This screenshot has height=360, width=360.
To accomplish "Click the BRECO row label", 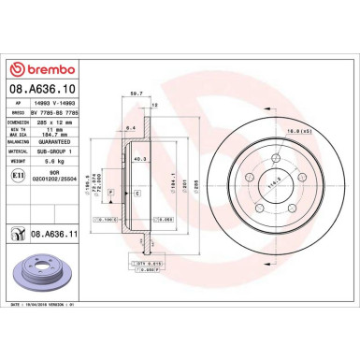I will click(x=23, y=111).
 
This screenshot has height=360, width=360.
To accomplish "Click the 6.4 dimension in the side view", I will click(x=133, y=126).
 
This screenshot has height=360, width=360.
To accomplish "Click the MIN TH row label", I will click(x=23, y=130).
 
